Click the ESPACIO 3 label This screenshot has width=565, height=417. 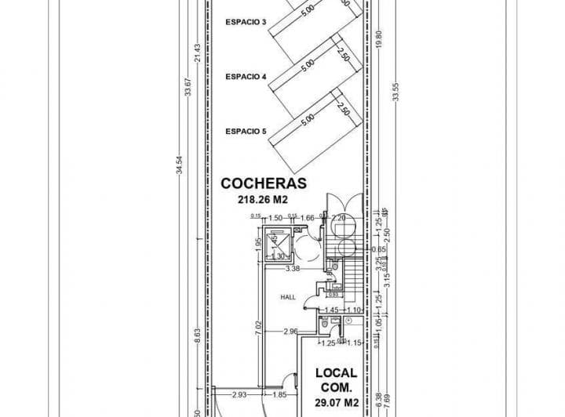pos(246,21)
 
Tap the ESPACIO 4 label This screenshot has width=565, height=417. pos(246,77)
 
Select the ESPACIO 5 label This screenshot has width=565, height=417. pos(246,132)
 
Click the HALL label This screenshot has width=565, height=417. pos(289,298)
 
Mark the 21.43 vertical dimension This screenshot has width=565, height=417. pos(199,53)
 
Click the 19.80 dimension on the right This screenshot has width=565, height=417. pos(379,39)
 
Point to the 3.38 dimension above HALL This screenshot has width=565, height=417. pos(293,269)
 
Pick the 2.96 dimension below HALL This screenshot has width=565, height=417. pos(290,332)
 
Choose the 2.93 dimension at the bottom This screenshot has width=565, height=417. pos(239,393)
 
